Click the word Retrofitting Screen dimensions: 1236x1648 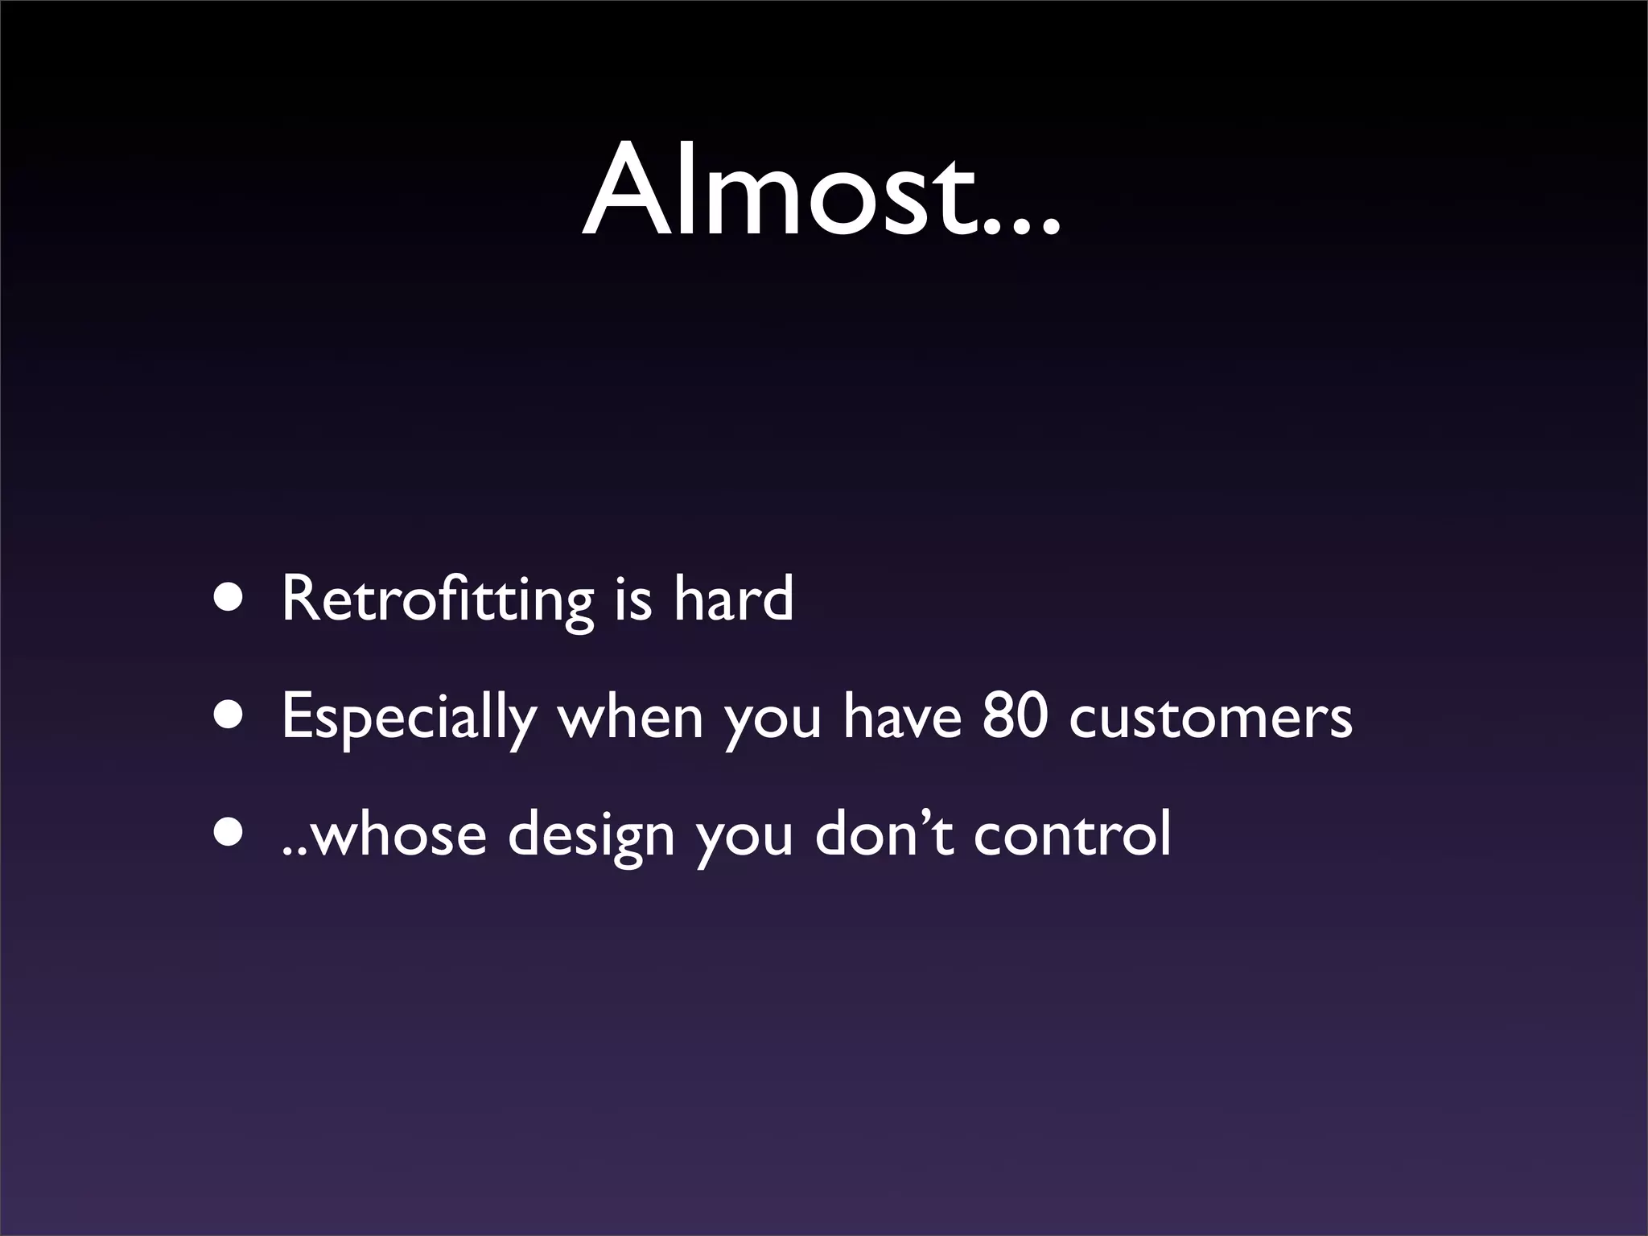tap(437, 600)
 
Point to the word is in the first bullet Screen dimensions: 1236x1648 tap(632, 600)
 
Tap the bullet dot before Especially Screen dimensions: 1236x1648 tap(228, 716)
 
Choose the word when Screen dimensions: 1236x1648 tap(630, 716)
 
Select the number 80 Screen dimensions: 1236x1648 tap(1015, 716)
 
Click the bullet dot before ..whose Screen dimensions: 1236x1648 tap(228, 834)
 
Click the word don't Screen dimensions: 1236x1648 tap(884, 834)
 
